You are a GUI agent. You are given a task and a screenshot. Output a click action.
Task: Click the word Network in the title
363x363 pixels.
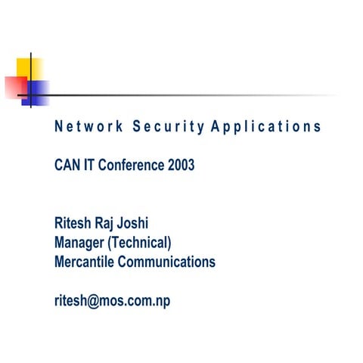(x=86, y=126)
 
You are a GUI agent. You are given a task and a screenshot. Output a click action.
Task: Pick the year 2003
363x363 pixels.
(x=180, y=166)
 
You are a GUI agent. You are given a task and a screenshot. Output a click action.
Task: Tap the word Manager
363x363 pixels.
(x=80, y=243)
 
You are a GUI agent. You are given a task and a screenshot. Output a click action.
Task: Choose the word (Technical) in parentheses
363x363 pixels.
(x=141, y=243)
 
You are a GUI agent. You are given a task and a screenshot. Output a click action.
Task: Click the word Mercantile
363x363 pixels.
(x=85, y=262)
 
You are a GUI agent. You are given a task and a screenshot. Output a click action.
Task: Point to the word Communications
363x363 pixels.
(x=168, y=262)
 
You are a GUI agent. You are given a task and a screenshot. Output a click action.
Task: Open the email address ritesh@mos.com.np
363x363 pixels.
(x=112, y=301)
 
